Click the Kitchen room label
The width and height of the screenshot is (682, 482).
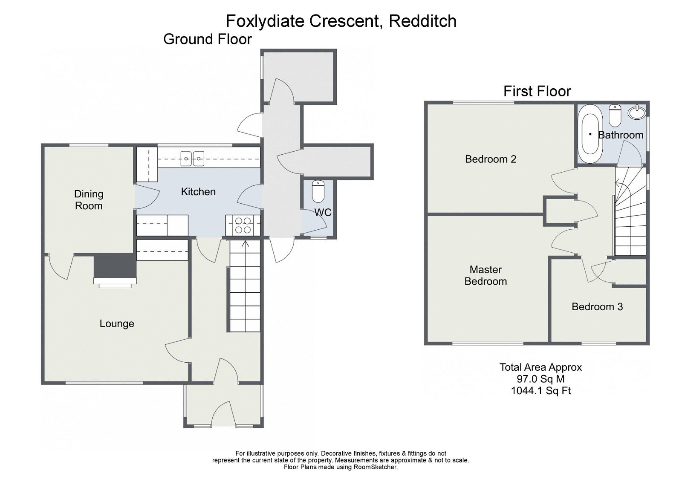[198, 192]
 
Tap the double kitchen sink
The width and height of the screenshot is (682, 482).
[193, 159]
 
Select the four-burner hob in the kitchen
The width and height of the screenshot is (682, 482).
[243, 225]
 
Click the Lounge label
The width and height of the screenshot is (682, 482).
[117, 324]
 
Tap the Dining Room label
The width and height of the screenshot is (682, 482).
[89, 200]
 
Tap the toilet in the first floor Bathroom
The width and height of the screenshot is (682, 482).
[615, 115]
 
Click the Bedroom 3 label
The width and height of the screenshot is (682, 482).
[597, 307]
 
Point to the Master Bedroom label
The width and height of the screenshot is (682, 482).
[485, 275]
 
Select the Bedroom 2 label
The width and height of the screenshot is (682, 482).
[491, 159]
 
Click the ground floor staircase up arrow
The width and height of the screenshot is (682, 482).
[245, 244]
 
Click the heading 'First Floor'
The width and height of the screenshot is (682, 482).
[537, 91]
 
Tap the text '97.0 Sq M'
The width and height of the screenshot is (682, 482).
[540, 379]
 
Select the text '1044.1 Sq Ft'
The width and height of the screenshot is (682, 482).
[540, 390]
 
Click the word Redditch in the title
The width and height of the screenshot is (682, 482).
[423, 20]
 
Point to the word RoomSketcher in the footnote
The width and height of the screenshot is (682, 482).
[375, 467]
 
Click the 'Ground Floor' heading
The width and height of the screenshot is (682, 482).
[208, 39]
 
